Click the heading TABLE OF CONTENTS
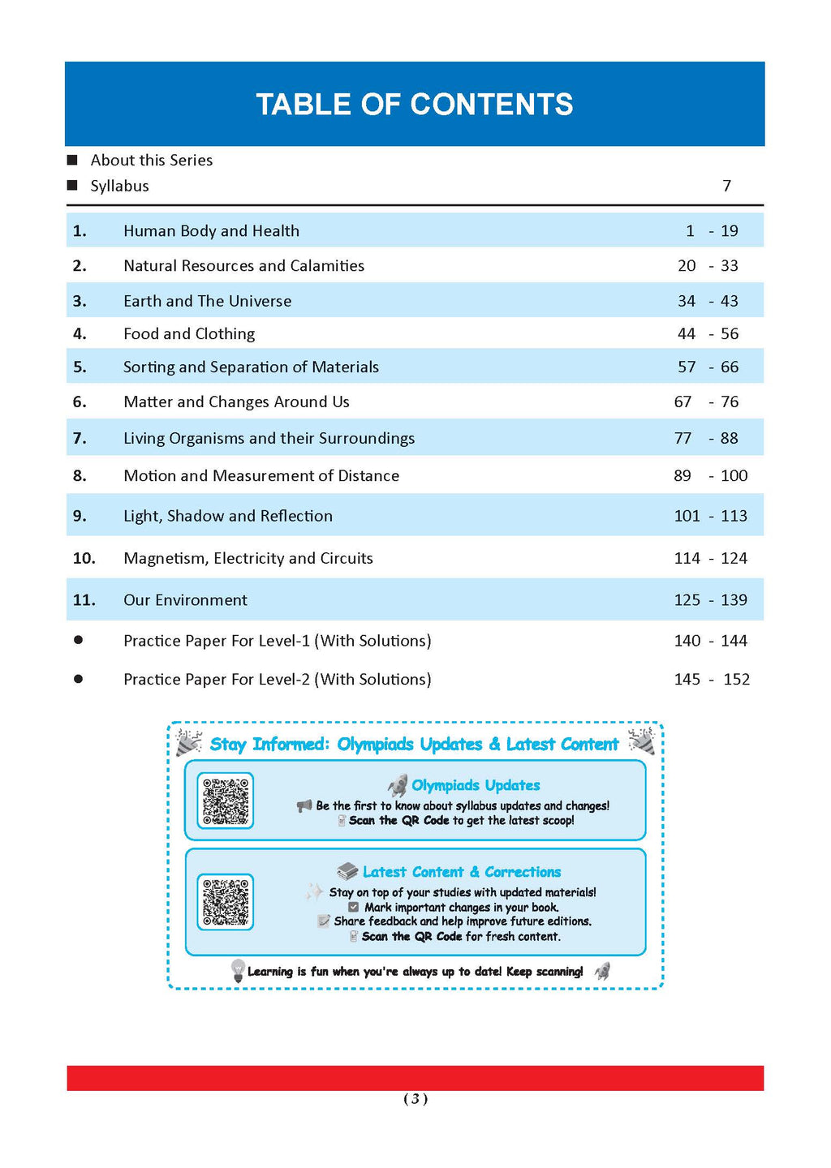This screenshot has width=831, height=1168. (x=415, y=105)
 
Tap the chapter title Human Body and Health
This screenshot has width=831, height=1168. (x=211, y=231)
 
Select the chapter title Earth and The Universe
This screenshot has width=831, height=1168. (x=207, y=301)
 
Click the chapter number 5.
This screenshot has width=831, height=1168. (x=80, y=367)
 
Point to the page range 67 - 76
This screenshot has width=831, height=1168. (x=706, y=402)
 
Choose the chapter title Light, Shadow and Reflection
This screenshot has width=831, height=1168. (x=228, y=516)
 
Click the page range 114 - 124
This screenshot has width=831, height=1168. (x=710, y=558)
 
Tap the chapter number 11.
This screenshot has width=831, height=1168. (x=84, y=600)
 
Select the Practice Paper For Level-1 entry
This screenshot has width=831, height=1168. (x=277, y=641)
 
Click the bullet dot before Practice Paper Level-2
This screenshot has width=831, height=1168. (x=78, y=679)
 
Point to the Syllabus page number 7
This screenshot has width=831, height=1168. (x=727, y=187)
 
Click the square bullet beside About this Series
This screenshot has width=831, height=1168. (x=72, y=160)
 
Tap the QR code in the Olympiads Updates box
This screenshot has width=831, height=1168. (x=226, y=801)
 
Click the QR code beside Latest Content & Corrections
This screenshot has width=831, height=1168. (x=226, y=901)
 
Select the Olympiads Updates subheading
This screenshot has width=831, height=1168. (x=476, y=785)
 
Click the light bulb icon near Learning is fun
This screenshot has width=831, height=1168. (x=238, y=970)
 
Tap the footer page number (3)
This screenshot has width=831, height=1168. (x=415, y=1099)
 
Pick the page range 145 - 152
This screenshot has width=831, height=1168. (x=712, y=680)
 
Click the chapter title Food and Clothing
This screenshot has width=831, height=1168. (x=189, y=334)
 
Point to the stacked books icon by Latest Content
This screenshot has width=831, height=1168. (x=347, y=871)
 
